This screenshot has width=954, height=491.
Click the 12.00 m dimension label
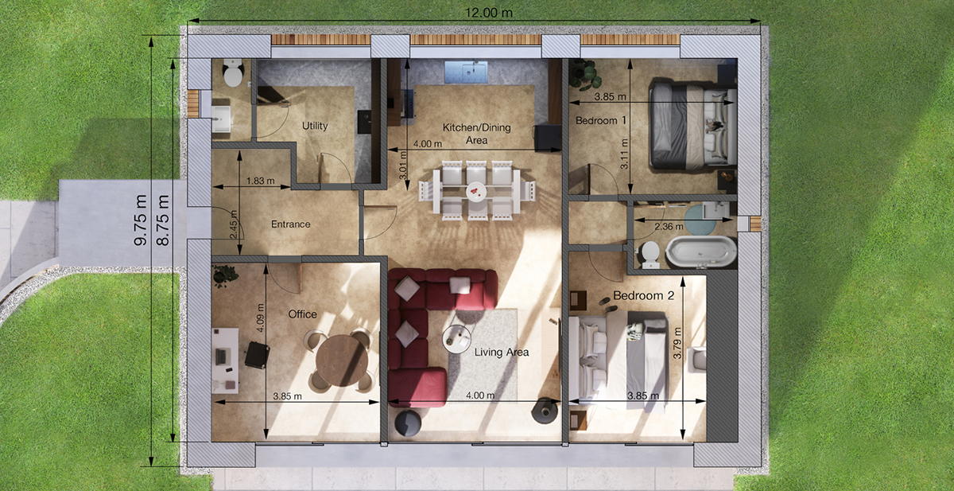coord(488,13)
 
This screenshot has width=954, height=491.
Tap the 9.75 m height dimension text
coord(140,220)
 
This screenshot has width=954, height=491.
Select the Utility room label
coord(315,126)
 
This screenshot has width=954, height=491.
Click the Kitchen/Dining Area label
coord(476,134)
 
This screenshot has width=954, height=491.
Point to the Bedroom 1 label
coord(601,121)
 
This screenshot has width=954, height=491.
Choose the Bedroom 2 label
coord(643,295)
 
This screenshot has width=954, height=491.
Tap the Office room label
coord(302,314)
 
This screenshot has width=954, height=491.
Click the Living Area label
coord(502,352)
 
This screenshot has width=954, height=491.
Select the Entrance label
coord(290,224)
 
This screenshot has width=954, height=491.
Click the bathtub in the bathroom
coord(701,251)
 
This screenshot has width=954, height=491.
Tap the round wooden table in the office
coord(342,360)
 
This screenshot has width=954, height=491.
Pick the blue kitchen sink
coord(467,72)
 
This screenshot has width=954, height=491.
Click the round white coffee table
coord(456,339)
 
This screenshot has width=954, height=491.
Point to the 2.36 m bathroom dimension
coord(669,226)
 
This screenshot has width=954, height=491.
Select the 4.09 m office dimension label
coord(261,318)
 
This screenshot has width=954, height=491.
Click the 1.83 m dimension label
coord(260,181)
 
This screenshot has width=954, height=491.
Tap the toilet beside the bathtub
coord(650,255)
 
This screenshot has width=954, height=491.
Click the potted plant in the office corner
coord(224,275)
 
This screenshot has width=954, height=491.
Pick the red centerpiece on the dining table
coord(475,190)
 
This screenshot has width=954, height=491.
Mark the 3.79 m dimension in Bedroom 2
coord(677,342)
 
